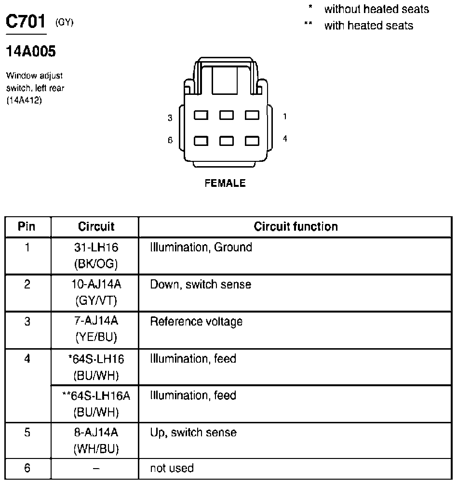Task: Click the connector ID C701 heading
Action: (x=26, y=22)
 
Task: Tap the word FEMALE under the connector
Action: (x=225, y=183)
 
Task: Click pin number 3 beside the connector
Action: (x=170, y=118)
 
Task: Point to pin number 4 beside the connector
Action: (x=285, y=139)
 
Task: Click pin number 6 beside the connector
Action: (x=170, y=141)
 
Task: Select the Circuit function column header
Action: (x=296, y=226)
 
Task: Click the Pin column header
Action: (x=27, y=226)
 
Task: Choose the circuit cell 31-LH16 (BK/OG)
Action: (x=96, y=255)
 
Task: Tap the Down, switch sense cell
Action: (x=201, y=285)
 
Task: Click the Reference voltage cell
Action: (x=196, y=321)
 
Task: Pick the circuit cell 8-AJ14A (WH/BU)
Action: (x=96, y=440)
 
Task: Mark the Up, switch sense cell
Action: (x=193, y=432)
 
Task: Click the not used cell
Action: (x=172, y=468)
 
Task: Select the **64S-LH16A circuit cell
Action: (x=96, y=404)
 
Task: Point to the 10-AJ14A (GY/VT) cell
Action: (x=96, y=292)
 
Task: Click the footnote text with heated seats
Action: (x=368, y=26)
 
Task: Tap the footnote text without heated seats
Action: (x=376, y=9)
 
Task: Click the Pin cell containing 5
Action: (x=27, y=432)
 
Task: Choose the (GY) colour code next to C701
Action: (x=65, y=22)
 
